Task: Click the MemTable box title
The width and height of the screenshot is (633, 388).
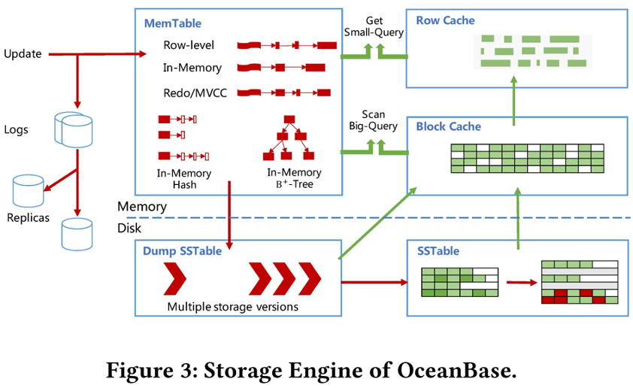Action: pyautogui.click(x=173, y=24)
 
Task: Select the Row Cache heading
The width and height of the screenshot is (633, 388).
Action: pyautogui.click(x=447, y=20)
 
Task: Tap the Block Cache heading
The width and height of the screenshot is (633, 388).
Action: pyautogui.click(x=449, y=126)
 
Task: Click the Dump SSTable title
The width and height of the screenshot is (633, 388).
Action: pyautogui.click(x=183, y=251)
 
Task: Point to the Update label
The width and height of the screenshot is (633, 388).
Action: pyautogui.click(x=23, y=53)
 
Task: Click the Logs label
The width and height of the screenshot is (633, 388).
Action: pyautogui.click(x=16, y=129)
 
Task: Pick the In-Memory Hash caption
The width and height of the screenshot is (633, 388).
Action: pyautogui.click(x=184, y=179)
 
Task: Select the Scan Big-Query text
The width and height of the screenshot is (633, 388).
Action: pyautogui.click(x=373, y=120)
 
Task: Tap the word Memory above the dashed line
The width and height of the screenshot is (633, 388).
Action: pyautogui.click(x=141, y=206)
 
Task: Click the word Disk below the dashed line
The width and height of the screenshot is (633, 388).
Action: pyautogui.click(x=129, y=228)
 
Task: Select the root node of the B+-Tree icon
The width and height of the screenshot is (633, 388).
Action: pyautogui.click(x=289, y=120)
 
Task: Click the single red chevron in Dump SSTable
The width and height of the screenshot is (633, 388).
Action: pyautogui.click(x=175, y=280)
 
